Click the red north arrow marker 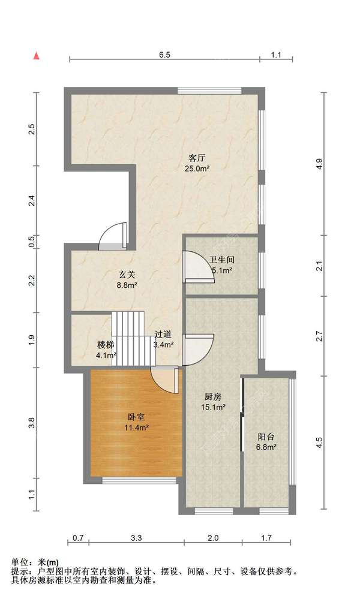coord(37,56)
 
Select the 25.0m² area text coord(197,168)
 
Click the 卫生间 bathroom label coord(221,260)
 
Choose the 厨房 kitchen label coord(212,397)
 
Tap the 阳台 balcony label coord(266,437)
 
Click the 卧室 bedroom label coord(136,417)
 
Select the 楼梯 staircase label coord(106,345)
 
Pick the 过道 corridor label coord(163,335)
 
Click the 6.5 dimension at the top coord(164,55)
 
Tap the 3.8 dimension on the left coord(32,423)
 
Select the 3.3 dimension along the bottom coord(136,538)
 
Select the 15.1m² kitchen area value coord(213,407)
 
